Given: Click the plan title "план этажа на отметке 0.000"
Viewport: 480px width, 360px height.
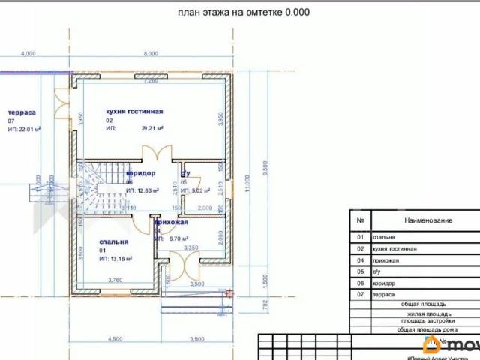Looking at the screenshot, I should click(x=244, y=12).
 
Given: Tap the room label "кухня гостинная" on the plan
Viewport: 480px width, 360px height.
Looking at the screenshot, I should click(x=134, y=111).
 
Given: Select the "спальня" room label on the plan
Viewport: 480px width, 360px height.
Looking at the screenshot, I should click(x=113, y=241).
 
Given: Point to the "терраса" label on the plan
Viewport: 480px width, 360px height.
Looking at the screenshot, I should click(x=22, y=112).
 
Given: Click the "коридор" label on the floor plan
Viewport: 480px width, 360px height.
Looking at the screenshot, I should click(x=140, y=173).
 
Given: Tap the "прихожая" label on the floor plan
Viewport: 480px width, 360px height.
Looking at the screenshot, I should click(x=171, y=223).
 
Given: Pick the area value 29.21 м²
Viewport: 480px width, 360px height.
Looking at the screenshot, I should click(x=152, y=128).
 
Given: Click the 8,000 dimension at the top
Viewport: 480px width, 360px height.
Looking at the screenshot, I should click(x=151, y=54).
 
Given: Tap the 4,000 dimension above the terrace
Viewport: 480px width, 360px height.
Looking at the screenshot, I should click(x=28, y=54).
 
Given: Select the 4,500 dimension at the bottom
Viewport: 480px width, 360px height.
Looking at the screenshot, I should click(x=114, y=339).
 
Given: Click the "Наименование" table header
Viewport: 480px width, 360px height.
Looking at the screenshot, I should click(x=428, y=220).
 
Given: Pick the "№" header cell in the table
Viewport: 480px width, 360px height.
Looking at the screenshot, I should click(x=361, y=220).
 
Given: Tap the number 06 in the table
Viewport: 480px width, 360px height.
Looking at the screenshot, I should click(x=361, y=283).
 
